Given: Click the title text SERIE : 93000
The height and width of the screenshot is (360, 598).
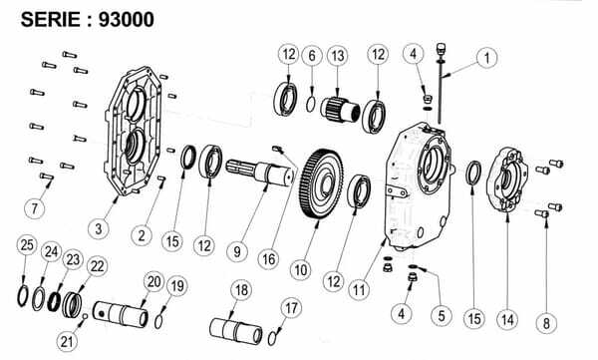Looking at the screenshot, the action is [x=88, y=20].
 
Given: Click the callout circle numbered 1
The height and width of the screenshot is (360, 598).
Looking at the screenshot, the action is [x=486, y=58].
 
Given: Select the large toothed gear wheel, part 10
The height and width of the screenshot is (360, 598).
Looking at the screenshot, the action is [x=321, y=184].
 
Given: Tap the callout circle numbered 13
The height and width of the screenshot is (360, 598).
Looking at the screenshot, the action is [x=338, y=56].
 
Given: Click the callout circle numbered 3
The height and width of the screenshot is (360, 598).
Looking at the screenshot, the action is [x=99, y=228].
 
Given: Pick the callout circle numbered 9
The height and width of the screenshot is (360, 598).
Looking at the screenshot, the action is [x=237, y=251].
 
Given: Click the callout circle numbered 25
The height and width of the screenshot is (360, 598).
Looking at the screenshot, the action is [x=27, y=244].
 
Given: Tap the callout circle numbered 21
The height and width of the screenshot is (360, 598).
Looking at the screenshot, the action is [x=67, y=341].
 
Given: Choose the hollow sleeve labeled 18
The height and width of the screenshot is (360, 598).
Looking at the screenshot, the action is [x=236, y=331].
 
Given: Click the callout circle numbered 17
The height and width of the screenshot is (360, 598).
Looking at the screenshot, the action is [x=291, y=308].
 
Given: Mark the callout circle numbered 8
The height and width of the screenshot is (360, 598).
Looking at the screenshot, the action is [x=546, y=323].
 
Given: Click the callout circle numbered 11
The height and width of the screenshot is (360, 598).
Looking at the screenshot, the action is [x=359, y=290].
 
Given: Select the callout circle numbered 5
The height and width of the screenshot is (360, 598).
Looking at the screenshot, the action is [x=442, y=315].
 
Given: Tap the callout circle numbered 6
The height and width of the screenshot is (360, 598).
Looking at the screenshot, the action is [x=312, y=56].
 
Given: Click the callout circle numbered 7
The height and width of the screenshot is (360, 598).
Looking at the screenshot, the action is [x=35, y=208].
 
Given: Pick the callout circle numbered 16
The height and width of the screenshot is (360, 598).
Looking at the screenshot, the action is [x=268, y=259].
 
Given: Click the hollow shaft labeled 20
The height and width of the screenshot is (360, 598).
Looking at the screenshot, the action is [x=121, y=313].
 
